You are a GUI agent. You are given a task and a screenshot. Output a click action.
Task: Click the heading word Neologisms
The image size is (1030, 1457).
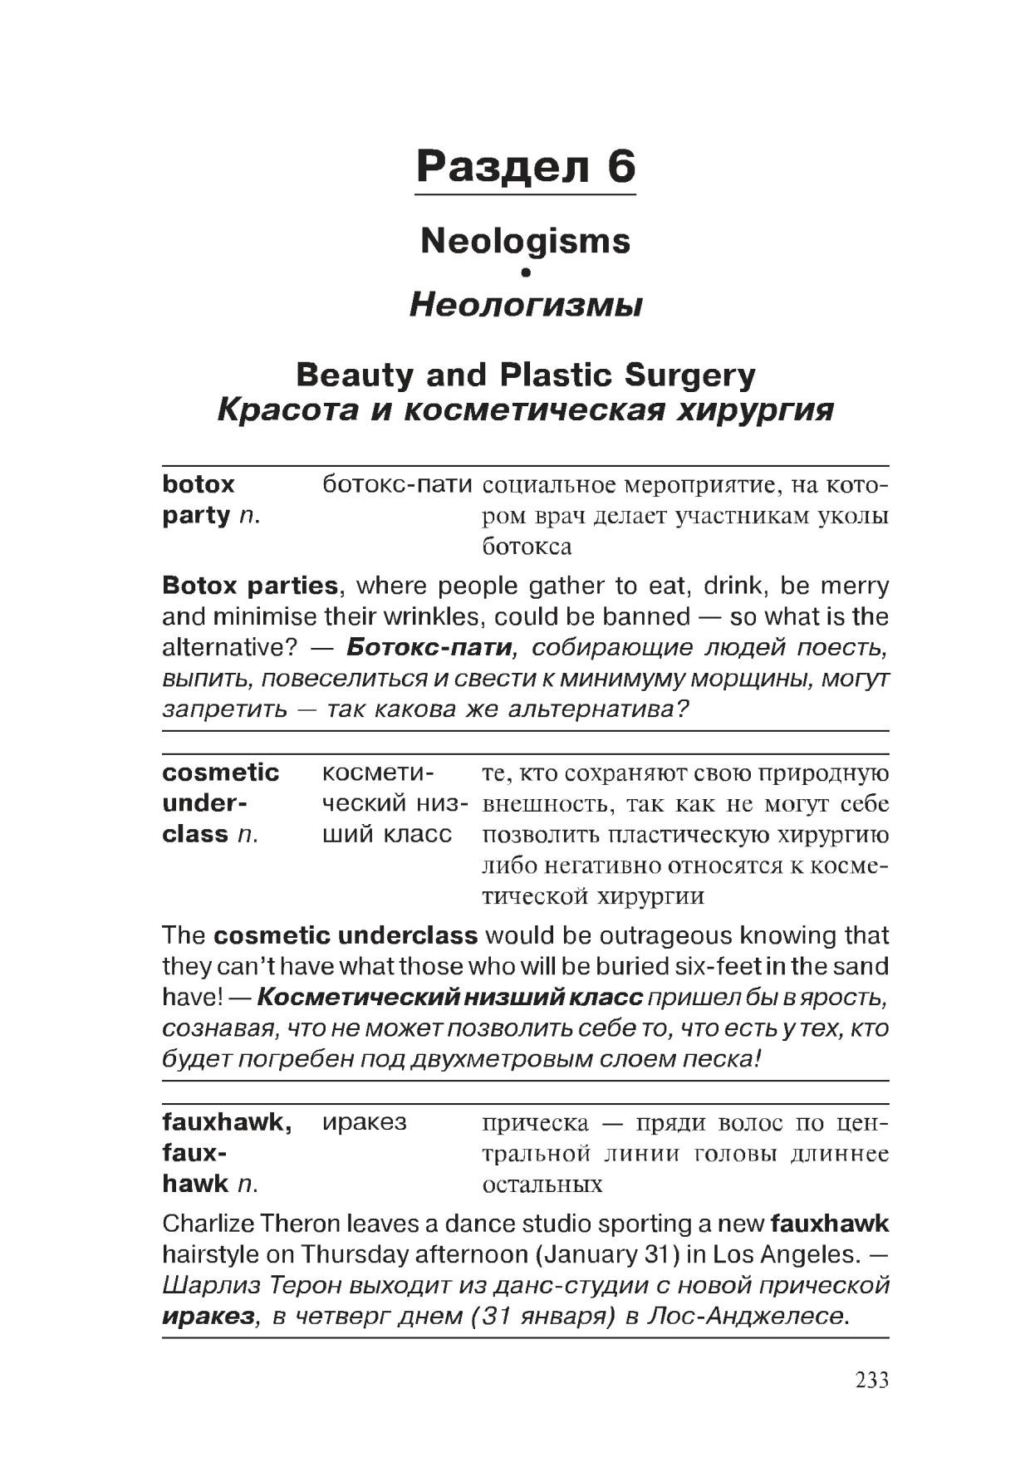pos(525,241)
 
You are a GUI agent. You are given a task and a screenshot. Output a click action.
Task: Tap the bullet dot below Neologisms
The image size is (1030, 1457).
pos(525,272)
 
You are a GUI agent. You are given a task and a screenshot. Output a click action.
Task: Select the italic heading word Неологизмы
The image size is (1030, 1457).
pos(525,306)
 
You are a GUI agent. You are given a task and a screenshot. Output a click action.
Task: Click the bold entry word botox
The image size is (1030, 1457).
pos(199,484)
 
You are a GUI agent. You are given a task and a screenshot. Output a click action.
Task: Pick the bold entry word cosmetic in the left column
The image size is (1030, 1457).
pos(221,773)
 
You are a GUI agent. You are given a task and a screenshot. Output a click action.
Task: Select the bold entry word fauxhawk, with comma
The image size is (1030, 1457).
pos(227,1122)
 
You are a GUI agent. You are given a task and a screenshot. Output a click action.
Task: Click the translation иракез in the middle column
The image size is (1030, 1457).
pos(365,1122)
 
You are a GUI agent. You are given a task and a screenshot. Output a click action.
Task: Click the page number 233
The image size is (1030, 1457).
pos(872,1380)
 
